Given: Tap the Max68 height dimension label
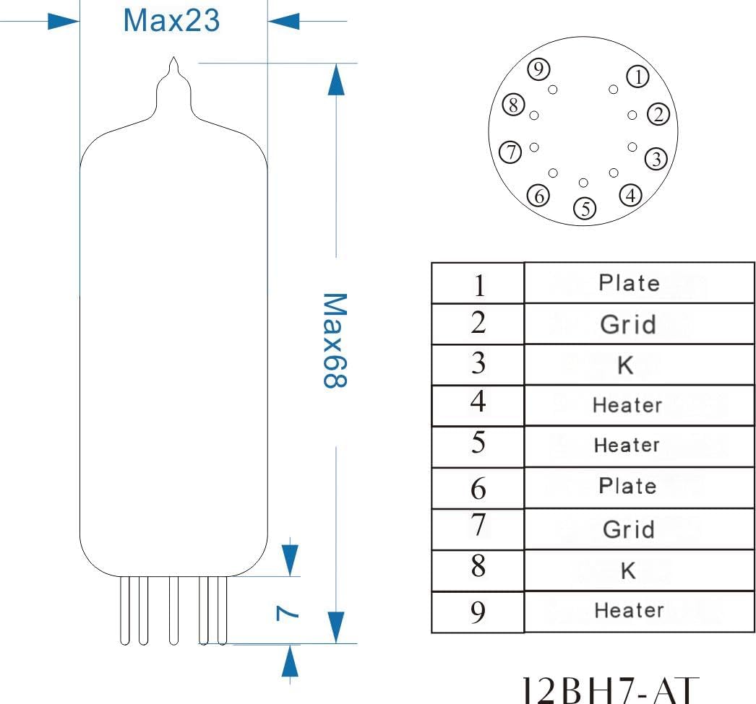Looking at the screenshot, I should (331, 340).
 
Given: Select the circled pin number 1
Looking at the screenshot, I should (637, 77).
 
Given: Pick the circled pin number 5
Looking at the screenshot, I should (585, 209).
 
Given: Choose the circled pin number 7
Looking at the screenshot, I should (511, 152).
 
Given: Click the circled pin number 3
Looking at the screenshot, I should (656, 158).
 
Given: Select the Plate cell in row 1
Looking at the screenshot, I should (629, 283).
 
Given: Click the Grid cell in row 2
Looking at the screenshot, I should (628, 324).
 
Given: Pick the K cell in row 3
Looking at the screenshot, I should (626, 365).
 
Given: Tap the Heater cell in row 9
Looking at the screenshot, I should (628, 611).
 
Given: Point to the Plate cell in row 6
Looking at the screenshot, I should (627, 486).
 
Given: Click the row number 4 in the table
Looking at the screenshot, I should (478, 402).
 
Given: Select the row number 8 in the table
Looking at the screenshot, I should (478, 568).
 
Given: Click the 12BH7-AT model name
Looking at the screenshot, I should (611, 689).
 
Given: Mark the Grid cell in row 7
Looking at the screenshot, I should (628, 529).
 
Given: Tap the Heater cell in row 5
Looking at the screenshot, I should (627, 446).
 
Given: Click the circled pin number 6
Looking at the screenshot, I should (538, 195).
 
